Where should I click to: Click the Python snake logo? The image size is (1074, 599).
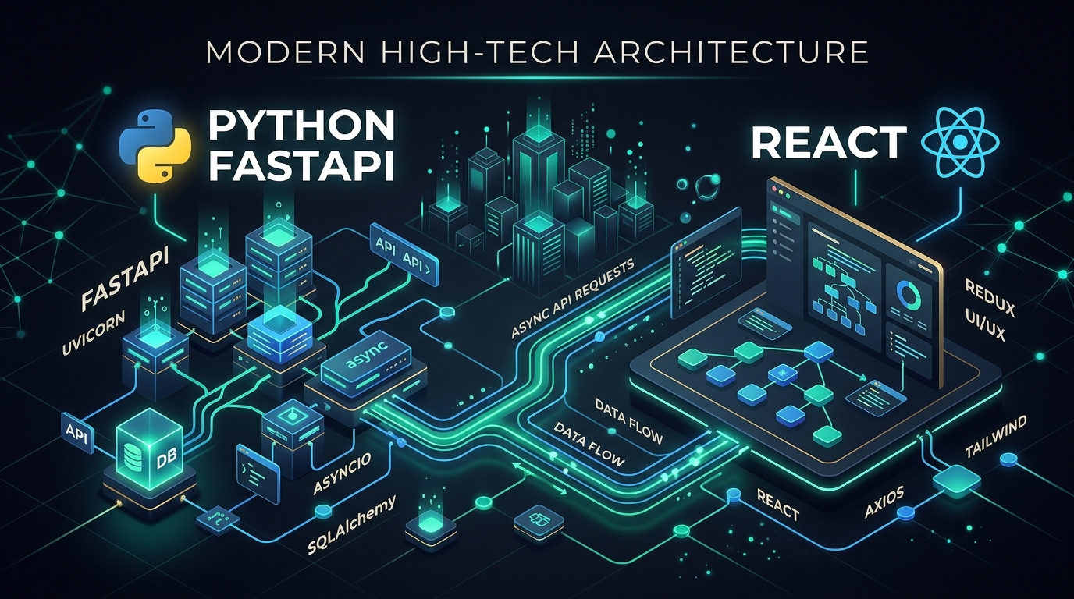pos(155,146)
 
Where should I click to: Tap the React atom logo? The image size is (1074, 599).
pos(960,142)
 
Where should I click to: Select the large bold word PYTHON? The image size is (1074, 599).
pos(301,126)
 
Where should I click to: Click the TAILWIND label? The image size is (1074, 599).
pos(996,437)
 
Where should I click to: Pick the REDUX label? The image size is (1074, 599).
pos(989,298)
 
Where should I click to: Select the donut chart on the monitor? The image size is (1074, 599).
pos(908,294)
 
